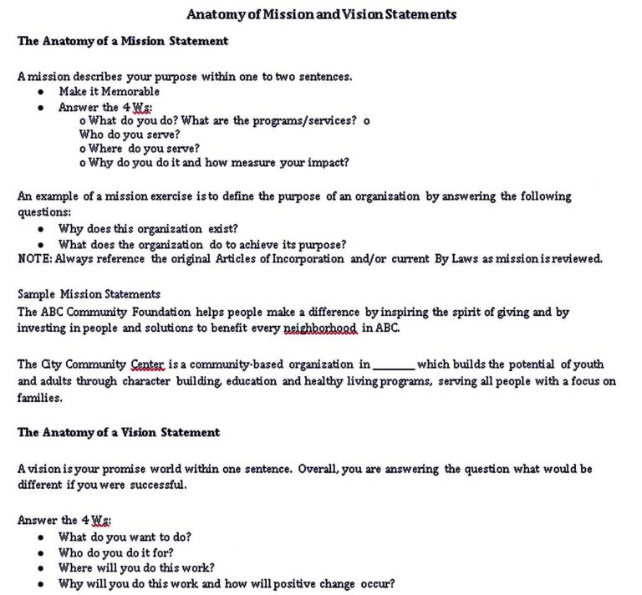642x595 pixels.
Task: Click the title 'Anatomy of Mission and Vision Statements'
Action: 321,14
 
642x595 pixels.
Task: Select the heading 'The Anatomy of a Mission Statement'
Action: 123,40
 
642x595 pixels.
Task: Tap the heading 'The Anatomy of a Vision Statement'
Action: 119,432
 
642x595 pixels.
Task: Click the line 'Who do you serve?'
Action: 130,134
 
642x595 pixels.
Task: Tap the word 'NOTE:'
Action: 35,258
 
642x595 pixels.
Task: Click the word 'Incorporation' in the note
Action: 308,258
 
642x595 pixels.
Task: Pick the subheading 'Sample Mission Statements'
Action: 89,294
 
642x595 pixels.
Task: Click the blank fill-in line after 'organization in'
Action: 393,365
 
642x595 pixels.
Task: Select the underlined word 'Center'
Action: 148,364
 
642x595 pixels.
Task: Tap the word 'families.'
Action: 40,398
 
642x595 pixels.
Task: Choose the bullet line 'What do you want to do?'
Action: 125,537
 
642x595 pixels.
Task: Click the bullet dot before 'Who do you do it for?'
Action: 40,552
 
